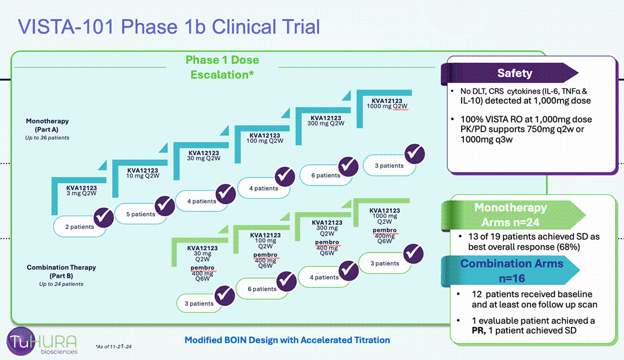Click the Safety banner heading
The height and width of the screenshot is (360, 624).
pyautogui.click(x=514, y=73)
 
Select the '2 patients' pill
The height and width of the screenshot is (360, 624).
pyautogui.click(x=80, y=227)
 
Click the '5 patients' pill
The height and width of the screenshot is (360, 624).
pyautogui.click(x=140, y=214)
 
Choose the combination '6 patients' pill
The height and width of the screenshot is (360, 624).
pyautogui.click(x=262, y=289)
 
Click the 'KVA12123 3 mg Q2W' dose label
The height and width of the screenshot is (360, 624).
pyautogui.click(x=81, y=191)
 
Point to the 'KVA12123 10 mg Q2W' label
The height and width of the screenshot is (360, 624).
pyautogui.click(x=142, y=174)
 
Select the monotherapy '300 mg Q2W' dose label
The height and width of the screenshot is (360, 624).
pyautogui.click(x=324, y=120)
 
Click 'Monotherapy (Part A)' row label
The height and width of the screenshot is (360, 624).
pyautogui.click(x=47, y=124)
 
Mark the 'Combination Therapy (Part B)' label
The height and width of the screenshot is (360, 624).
pyautogui.click(x=61, y=271)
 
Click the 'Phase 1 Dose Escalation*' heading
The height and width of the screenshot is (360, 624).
pyautogui.click(x=222, y=67)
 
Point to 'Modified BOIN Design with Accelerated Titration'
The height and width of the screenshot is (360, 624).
pyautogui.click(x=287, y=340)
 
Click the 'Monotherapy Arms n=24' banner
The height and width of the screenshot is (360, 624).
pyautogui.click(x=510, y=215)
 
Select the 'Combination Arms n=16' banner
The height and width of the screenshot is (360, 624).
pyautogui.click(x=510, y=269)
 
